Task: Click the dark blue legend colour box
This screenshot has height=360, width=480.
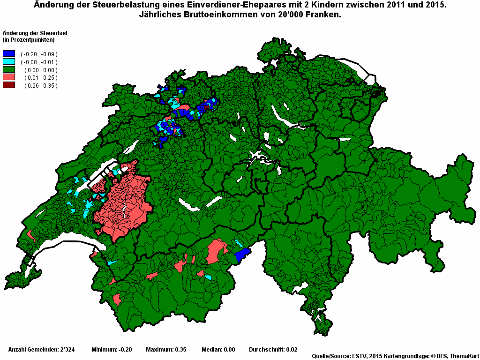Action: (x=9, y=54)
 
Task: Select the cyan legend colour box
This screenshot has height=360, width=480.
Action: (x=9, y=61)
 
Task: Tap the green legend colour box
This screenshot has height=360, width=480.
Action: (x=9, y=69)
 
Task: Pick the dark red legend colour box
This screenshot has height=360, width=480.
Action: (x=9, y=85)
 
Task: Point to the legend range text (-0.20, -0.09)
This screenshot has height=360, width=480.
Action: (x=39, y=54)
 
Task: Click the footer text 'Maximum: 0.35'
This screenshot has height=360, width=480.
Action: (x=166, y=350)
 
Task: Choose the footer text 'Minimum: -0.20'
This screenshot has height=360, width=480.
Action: (x=112, y=350)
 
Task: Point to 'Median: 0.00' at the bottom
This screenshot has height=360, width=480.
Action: (x=218, y=350)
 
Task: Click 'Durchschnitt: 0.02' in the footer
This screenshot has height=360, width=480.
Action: (x=273, y=350)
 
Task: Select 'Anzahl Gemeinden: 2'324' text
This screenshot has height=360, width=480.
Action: (x=40, y=350)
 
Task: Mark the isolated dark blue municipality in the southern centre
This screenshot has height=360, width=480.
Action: (x=242, y=255)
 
